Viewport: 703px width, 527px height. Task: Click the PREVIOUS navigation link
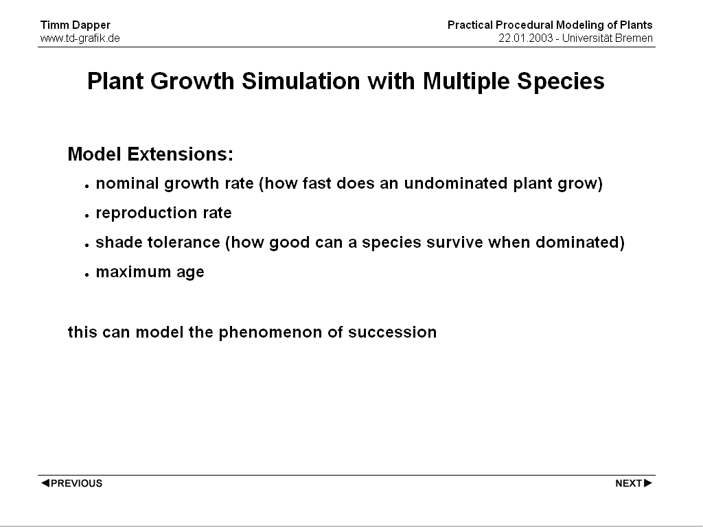[71, 483]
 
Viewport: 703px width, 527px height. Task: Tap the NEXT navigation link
[634, 483]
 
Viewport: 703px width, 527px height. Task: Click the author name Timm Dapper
[76, 25]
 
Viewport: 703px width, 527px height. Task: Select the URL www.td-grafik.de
[80, 38]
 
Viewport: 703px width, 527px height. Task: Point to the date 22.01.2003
[525, 38]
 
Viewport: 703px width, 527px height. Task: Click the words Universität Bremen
[607, 38]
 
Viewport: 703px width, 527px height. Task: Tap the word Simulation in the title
[301, 81]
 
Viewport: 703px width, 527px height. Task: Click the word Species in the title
[561, 82]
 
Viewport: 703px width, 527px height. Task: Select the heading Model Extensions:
[150, 154]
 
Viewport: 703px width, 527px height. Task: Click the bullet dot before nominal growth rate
[87, 187]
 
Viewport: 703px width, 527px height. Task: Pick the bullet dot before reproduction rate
[87, 216]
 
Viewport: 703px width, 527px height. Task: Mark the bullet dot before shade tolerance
[87, 246]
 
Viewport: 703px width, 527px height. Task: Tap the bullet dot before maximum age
[87, 275]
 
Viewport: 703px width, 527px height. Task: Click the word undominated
[456, 183]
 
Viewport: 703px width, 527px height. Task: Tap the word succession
[392, 333]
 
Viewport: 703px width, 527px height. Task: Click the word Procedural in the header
[524, 25]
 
